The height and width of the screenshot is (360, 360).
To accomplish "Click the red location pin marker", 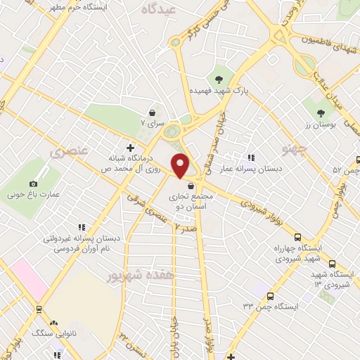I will pos(181,165).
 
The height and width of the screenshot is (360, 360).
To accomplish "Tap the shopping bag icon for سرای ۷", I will pos(152,112).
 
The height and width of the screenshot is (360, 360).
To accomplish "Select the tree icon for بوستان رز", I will pos(321,112).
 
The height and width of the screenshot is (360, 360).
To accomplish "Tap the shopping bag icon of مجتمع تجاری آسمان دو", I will pos(191,185).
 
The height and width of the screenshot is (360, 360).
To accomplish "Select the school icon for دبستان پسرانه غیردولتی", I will pos(82,227).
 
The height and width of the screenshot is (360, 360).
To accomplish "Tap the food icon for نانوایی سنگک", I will pos(36,309).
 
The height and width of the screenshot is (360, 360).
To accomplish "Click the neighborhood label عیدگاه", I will pos(157,9).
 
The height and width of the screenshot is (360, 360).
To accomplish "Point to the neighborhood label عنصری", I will pos(69,150).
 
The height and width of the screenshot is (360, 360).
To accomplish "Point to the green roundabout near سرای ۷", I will pos(172,131).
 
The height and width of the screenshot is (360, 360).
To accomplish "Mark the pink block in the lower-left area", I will pos(25,274).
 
